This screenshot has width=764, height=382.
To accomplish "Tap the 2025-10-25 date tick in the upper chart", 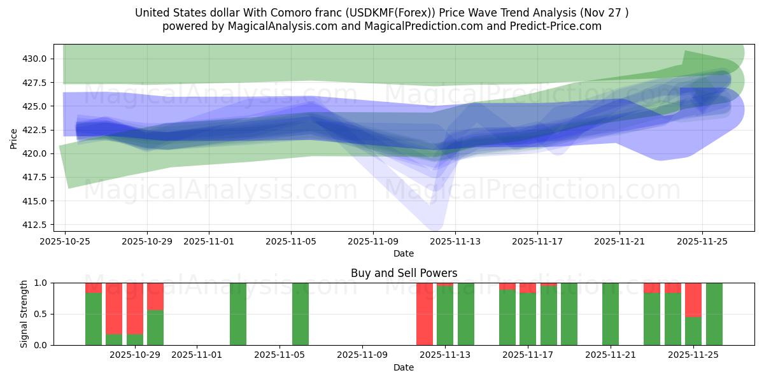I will tap(65, 242).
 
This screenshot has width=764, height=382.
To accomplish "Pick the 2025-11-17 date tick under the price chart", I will tap(537, 242).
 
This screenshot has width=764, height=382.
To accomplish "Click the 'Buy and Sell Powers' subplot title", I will tap(404, 273).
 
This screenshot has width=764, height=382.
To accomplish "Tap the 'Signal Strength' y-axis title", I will tap(24, 314).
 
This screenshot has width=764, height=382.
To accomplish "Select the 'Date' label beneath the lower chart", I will tap(404, 367).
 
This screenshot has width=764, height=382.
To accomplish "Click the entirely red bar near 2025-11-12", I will tap(425, 314).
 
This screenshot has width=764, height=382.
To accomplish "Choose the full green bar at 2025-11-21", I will tap(611, 314).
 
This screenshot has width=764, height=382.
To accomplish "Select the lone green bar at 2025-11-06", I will tap(301, 314).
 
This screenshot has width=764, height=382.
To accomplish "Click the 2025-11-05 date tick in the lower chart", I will tap(280, 355).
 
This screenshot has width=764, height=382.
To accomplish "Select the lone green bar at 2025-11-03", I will tap(238, 314).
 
